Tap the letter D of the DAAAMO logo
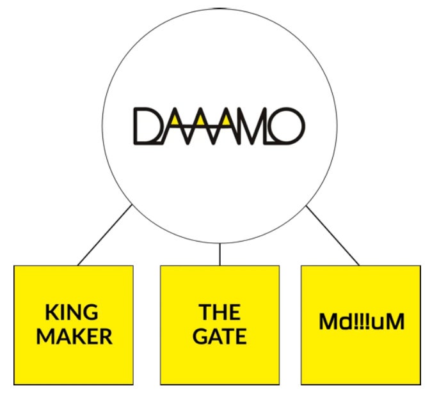[x=146, y=126]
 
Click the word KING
[x=72, y=313]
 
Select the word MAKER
[x=74, y=337]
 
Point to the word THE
[x=219, y=313]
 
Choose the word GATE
[x=219, y=337]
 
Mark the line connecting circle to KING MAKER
[x=104, y=235]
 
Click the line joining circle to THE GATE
[x=219, y=254]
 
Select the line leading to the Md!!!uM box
[x=333, y=235]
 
